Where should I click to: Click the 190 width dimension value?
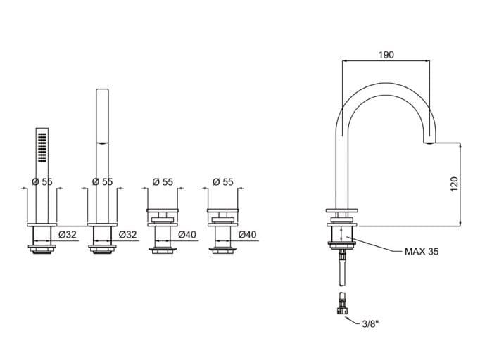(386, 55)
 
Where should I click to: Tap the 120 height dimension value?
(454, 184)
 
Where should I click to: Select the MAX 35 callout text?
(422, 252)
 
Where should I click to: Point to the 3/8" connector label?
(370, 324)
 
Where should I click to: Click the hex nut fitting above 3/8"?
(343, 311)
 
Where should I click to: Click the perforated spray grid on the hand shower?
(42, 148)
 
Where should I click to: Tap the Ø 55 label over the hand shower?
(42, 181)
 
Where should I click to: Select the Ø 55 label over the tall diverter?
(103, 181)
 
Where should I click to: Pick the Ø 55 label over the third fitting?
(163, 181)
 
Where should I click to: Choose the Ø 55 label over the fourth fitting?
(223, 181)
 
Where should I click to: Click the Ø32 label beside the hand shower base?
(68, 235)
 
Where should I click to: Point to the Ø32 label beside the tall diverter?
(127, 235)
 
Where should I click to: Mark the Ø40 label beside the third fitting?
(187, 235)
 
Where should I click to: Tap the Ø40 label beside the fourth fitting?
(247, 235)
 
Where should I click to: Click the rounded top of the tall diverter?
(102, 89)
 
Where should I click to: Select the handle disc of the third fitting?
(163, 210)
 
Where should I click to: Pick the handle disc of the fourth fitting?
(223, 210)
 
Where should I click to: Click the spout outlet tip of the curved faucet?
(429, 142)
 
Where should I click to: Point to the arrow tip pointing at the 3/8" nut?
(346, 317)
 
